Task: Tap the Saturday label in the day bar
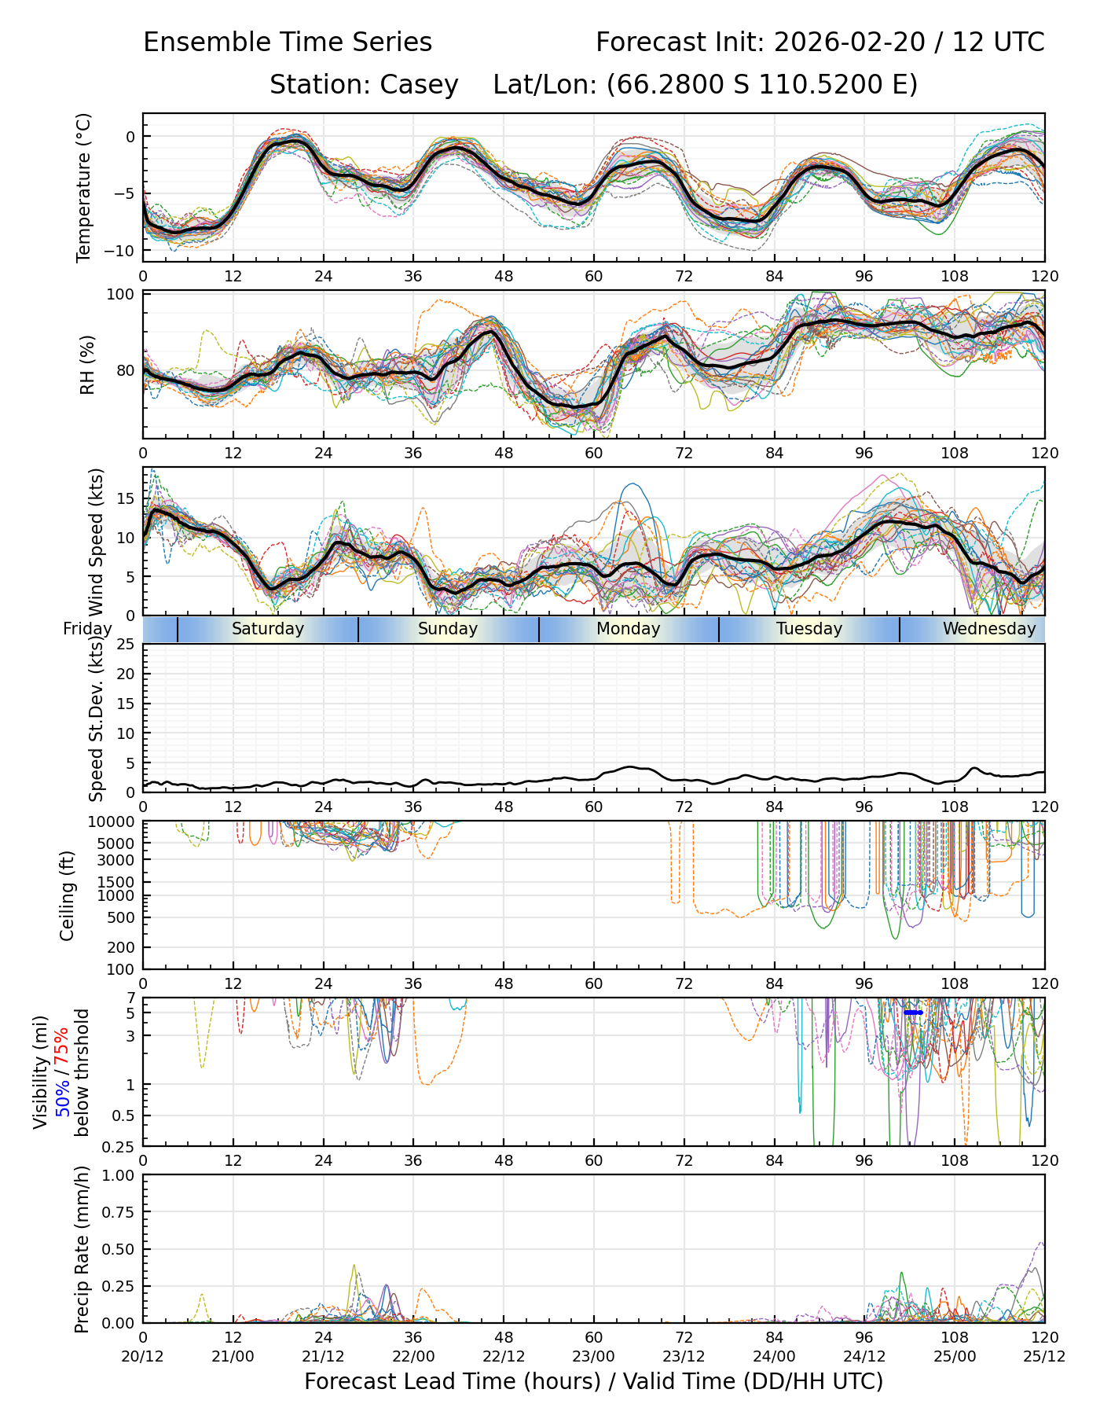click(267, 629)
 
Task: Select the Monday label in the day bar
click(628, 629)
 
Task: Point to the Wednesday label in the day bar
click(988, 629)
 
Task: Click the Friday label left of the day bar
click(87, 629)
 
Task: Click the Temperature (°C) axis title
click(83, 187)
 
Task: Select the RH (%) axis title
click(86, 365)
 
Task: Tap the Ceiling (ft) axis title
click(68, 895)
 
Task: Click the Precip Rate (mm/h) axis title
click(82, 1249)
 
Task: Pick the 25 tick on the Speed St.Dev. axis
click(126, 645)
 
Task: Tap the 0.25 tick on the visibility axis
click(120, 1145)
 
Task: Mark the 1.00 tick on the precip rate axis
click(116, 1175)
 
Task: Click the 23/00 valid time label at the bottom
click(593, 1356)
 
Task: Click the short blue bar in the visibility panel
click(913, 1013)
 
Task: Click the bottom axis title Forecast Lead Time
click(593, 1381)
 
